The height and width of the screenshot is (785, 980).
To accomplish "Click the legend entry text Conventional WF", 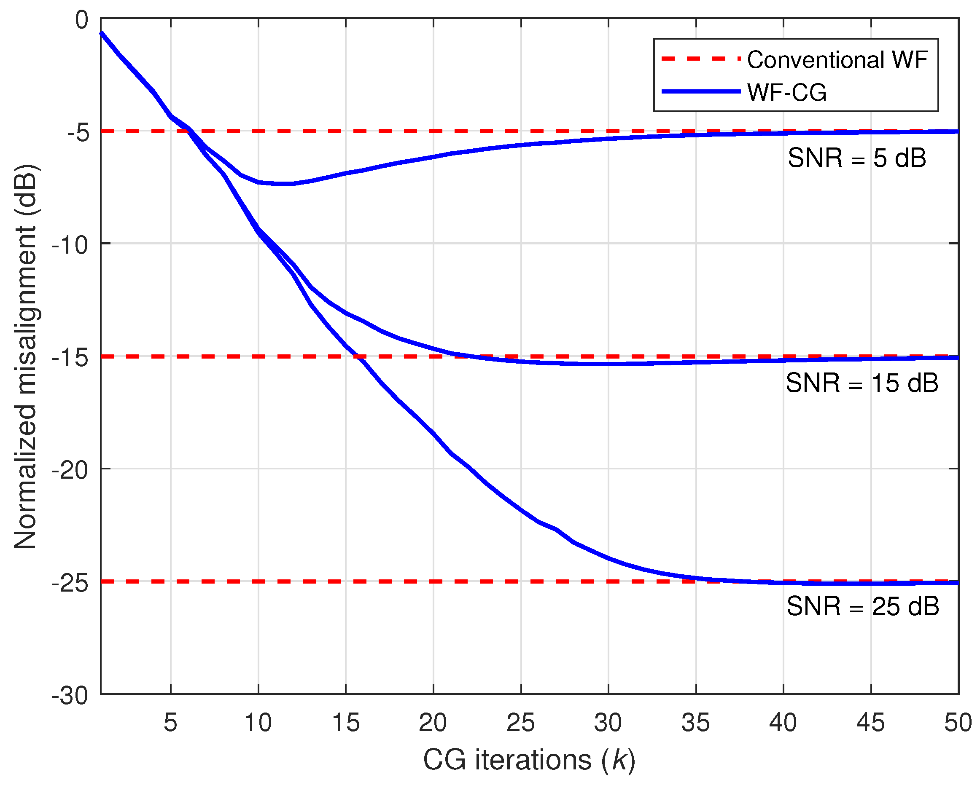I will pos(837,60).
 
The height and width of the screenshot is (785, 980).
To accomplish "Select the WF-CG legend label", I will pos(786,93).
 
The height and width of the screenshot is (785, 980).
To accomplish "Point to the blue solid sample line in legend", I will pos(700,92).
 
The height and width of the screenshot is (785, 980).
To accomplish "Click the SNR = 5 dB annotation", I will pos(856,158).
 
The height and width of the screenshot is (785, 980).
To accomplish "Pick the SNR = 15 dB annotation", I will pos(862,383).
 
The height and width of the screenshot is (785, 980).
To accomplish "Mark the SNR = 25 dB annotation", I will pos(862,606).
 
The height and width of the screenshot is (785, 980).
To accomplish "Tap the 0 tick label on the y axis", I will pos(81,20).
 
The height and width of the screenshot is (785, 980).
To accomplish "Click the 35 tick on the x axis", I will pos(695,722).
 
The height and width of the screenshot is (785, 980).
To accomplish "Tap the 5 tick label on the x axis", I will pos(170,722).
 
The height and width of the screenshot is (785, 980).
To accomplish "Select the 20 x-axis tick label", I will pos(433,722).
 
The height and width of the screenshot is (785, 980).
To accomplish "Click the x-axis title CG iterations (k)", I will pos(529,760).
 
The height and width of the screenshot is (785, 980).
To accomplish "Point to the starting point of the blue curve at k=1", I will pos(101,33).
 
